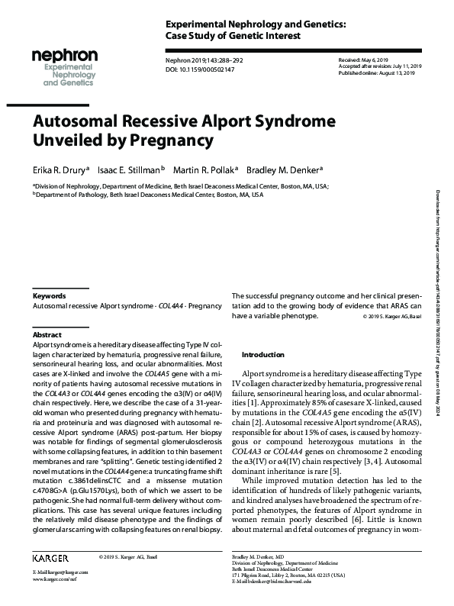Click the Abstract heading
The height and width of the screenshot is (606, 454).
click(x=47, y=335)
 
